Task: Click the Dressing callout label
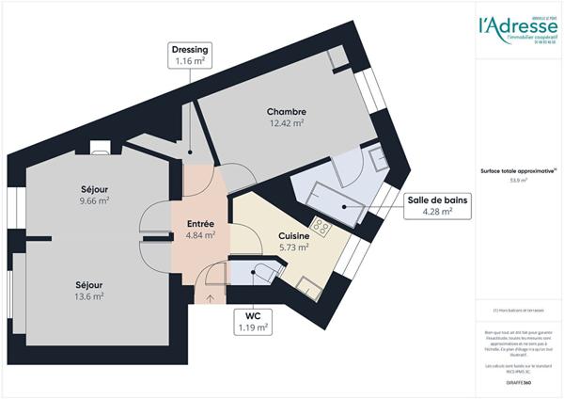(x=190, y=55)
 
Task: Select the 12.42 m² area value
(x=287, y=123)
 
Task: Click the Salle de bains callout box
(x=437, y=205)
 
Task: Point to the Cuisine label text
(x=294, y=236)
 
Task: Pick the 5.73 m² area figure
(x=294, y=247)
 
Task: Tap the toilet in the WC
(x=262, y=274)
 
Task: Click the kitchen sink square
(x=306, y=282)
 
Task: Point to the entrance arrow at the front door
(x=209, y=298)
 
